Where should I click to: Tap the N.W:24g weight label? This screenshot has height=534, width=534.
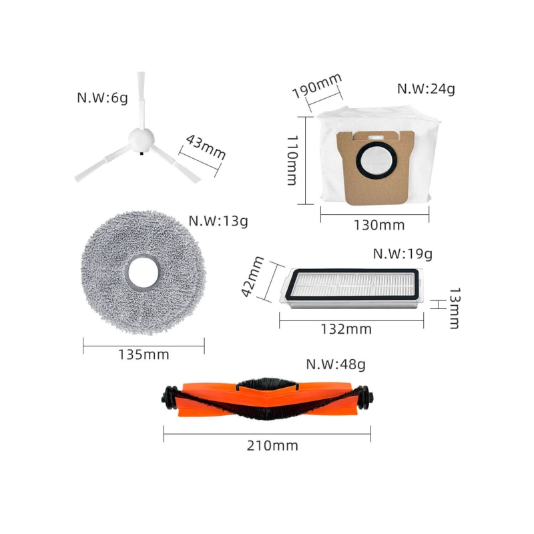[x=426, y=89]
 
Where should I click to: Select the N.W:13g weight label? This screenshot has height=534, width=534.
[x=218, y=221]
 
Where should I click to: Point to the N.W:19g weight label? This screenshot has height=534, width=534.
[x=403, y=254]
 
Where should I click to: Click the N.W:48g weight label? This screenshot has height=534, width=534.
[x=336, y=364]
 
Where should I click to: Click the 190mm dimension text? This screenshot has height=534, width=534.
[x=316, y=85]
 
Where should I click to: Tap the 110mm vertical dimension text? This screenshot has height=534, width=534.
[x=292, y=160]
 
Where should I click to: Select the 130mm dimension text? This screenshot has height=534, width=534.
[x=379, y=225]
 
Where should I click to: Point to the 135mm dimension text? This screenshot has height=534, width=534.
[x=144, y=354]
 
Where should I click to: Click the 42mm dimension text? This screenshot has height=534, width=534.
[x=253, y=276]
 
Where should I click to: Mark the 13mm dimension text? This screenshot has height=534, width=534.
[x=454, y=308]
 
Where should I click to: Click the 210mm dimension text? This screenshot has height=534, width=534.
[x=272, y=445]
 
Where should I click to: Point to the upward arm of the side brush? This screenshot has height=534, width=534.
[x=141, y=100]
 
